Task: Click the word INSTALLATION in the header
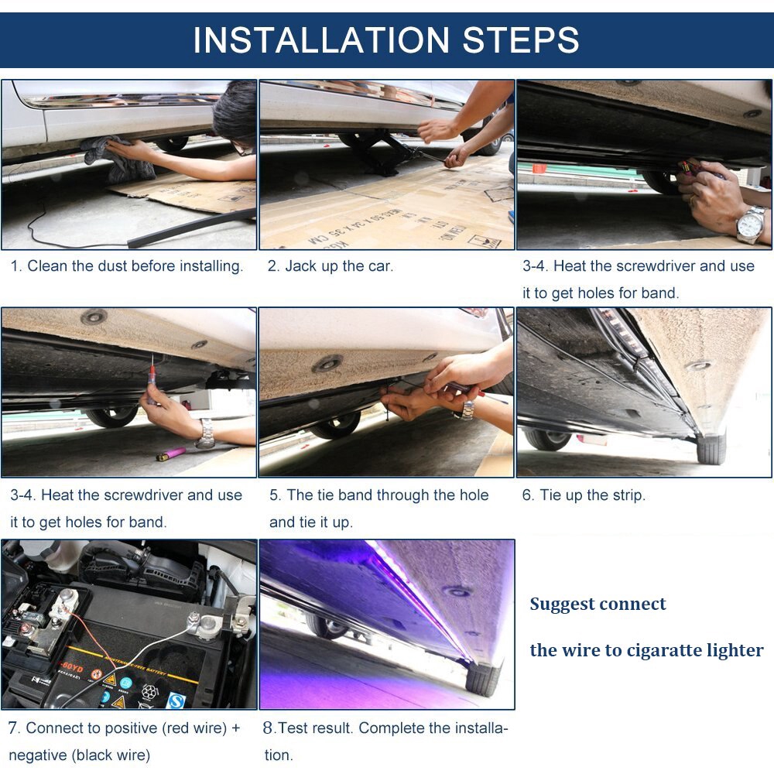(x=321, y=40)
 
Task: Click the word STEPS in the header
(x=521, y=40)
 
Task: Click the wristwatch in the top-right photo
(x=751, y=224)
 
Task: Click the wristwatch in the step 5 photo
(x=467, y=410)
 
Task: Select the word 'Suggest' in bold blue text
(x=562, y=604)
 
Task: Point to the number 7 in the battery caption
(x=13, y=728)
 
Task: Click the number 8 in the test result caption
(x=268, y=728)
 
